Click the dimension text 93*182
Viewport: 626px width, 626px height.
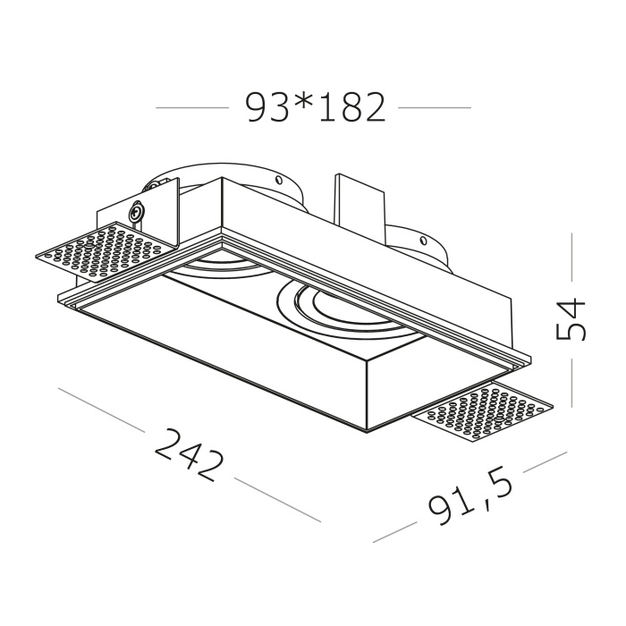[315, 108]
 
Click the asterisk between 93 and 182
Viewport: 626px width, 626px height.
[300, 103]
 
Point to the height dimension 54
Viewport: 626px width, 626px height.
[571, 318]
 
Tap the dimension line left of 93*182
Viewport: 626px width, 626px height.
[191, 108]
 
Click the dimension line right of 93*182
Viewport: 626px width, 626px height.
[434, 108]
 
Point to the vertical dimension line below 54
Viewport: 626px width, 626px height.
[572, 379]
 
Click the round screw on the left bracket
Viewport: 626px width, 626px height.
[136, 214]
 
